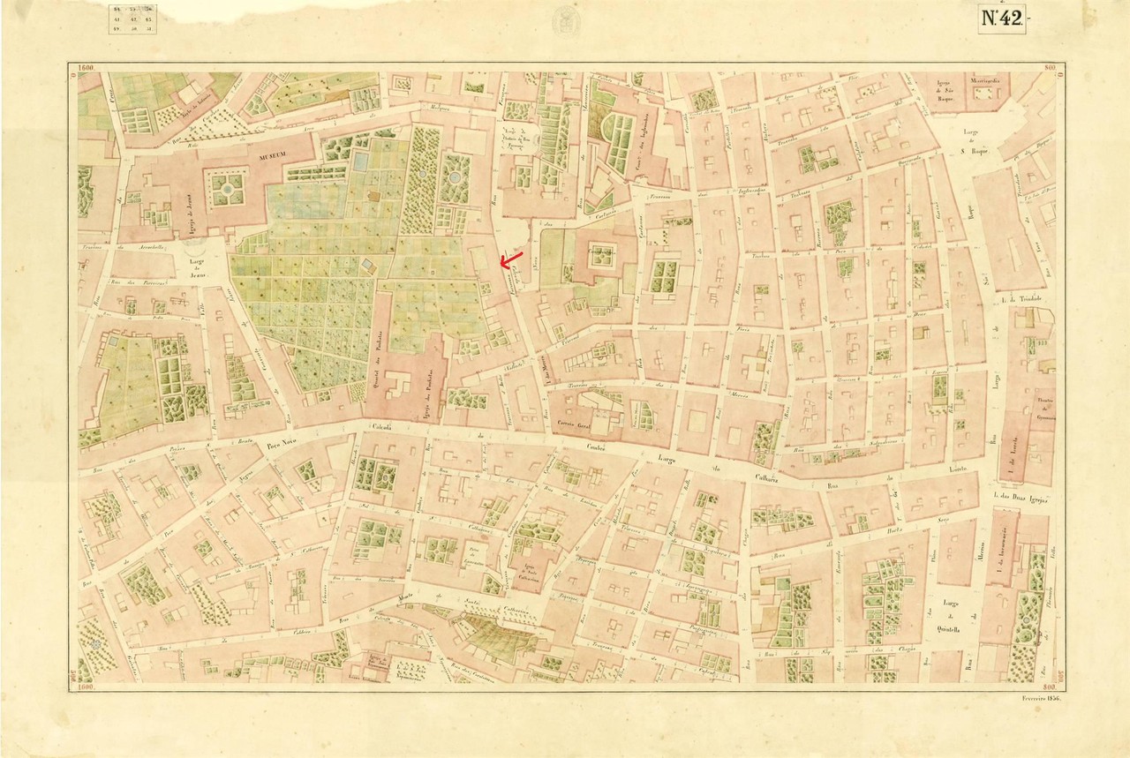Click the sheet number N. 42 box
1002,19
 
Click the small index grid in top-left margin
130,19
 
